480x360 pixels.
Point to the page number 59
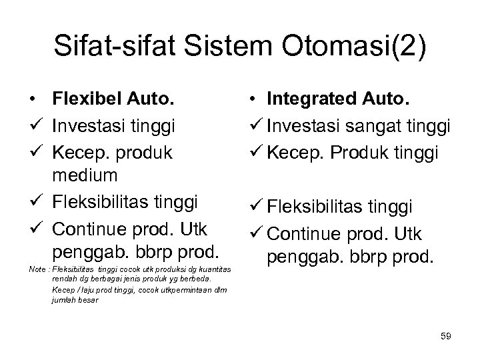445,337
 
